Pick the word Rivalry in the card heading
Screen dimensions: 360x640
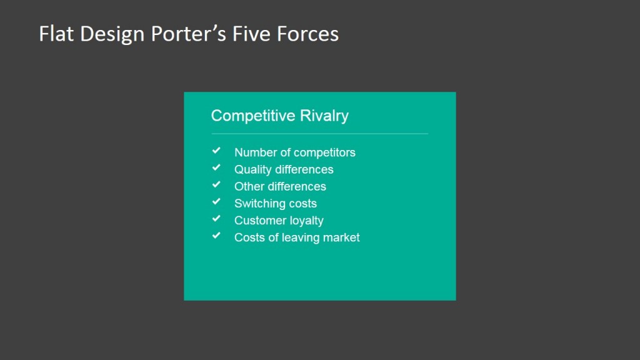324,116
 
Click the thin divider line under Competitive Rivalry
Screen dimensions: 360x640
319,134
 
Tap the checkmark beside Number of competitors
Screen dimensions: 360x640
216,151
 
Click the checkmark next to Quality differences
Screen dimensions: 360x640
216,168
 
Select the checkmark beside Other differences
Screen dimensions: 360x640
216,185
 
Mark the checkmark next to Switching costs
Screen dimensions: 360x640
216,202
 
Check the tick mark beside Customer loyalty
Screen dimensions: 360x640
216,219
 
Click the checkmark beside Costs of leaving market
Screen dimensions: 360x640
216,236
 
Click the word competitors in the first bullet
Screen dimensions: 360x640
324,152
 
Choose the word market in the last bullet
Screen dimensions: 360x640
341,237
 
